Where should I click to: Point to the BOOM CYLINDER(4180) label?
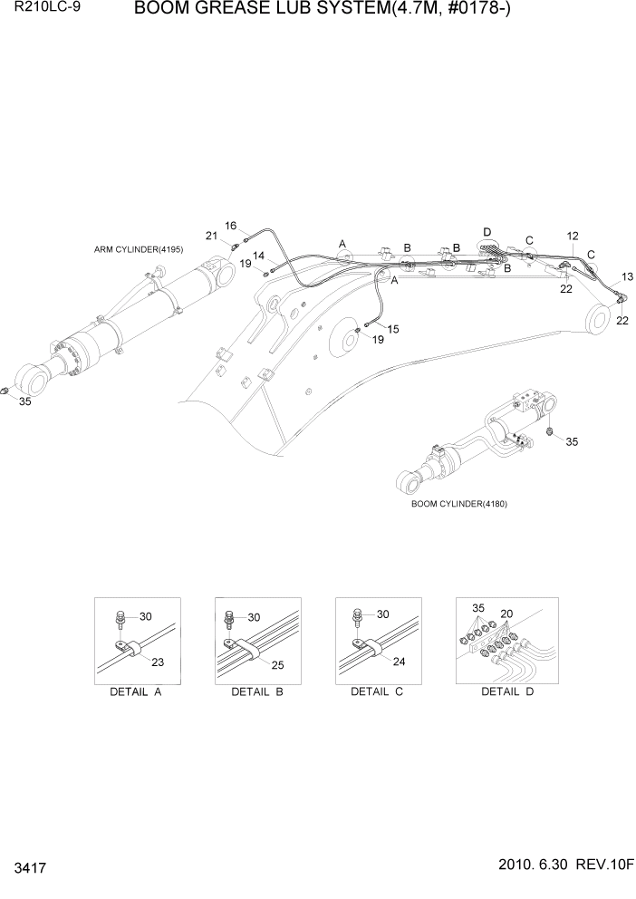click(x=458, y=503)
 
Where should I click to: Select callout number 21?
click(x=211, y=237)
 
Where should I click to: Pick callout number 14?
click(x=258, y=256)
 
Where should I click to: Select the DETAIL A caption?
click(x=136, y=691)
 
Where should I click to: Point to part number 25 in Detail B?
click(x=277, y=665)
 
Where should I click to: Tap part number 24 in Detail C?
click(x=398, y=661)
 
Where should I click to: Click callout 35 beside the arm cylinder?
click(x=24, y=401)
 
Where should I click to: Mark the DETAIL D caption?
click(x=506, y=691)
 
